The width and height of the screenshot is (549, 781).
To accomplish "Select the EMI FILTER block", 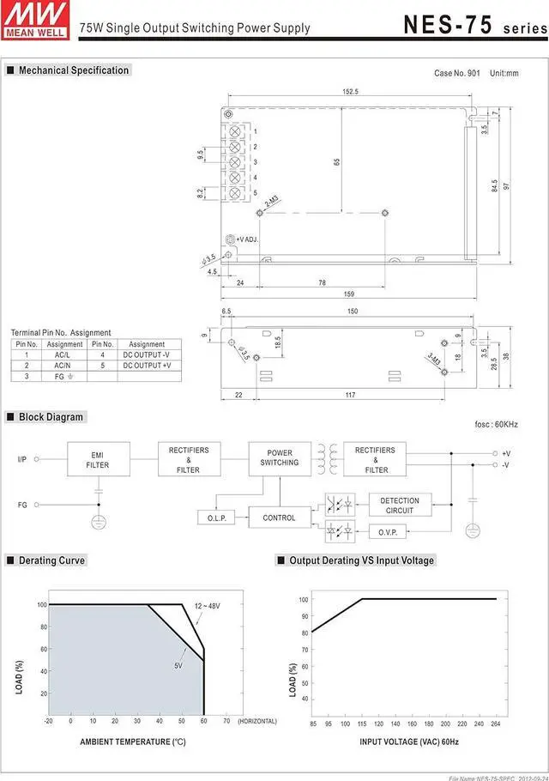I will point(98,460).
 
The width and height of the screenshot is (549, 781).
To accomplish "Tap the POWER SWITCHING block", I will point(280,458).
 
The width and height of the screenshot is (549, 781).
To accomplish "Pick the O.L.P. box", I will point(216,518).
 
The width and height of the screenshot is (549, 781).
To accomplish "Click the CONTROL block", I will point(279,518).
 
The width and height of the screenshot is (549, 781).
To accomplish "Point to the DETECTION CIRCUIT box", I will point(400,506).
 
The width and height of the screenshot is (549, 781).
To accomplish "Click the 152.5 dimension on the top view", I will point(350,91).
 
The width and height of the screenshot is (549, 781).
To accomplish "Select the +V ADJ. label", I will point(247,239).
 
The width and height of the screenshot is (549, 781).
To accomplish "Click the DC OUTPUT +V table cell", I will point(147,366).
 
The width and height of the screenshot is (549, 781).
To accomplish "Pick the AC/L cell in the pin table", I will point(63,354).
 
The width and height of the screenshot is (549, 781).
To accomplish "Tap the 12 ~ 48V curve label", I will point(207,606).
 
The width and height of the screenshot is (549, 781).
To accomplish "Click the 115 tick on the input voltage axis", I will point(363,723).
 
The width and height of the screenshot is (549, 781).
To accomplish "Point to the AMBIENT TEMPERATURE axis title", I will point(133,742).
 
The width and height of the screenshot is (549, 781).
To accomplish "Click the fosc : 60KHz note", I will point(496,425).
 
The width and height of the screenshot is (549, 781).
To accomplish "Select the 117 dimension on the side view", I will point(350,395).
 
